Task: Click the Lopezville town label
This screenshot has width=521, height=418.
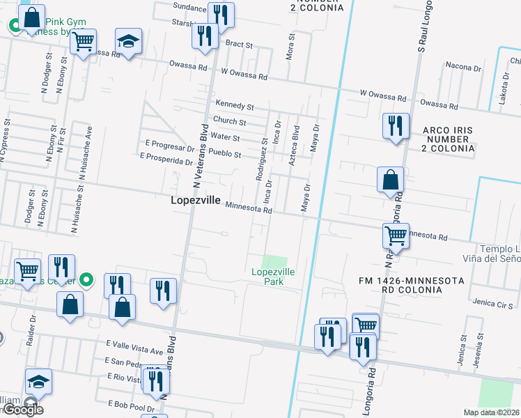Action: pos(196,200)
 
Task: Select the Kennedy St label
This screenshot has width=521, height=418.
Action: pos(234,105)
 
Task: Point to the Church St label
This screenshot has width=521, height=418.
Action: pos(230,121)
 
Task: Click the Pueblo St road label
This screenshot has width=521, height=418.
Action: pos(224,153)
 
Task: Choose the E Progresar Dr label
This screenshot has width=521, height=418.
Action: pos(169,148)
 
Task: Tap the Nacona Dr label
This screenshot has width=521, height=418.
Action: pos(464,68)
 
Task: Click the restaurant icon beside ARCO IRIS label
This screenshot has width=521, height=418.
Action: pos(395,126)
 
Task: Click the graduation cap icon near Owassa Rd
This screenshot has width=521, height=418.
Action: pos(128,41)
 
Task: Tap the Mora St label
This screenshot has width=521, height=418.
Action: pos(289,45)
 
